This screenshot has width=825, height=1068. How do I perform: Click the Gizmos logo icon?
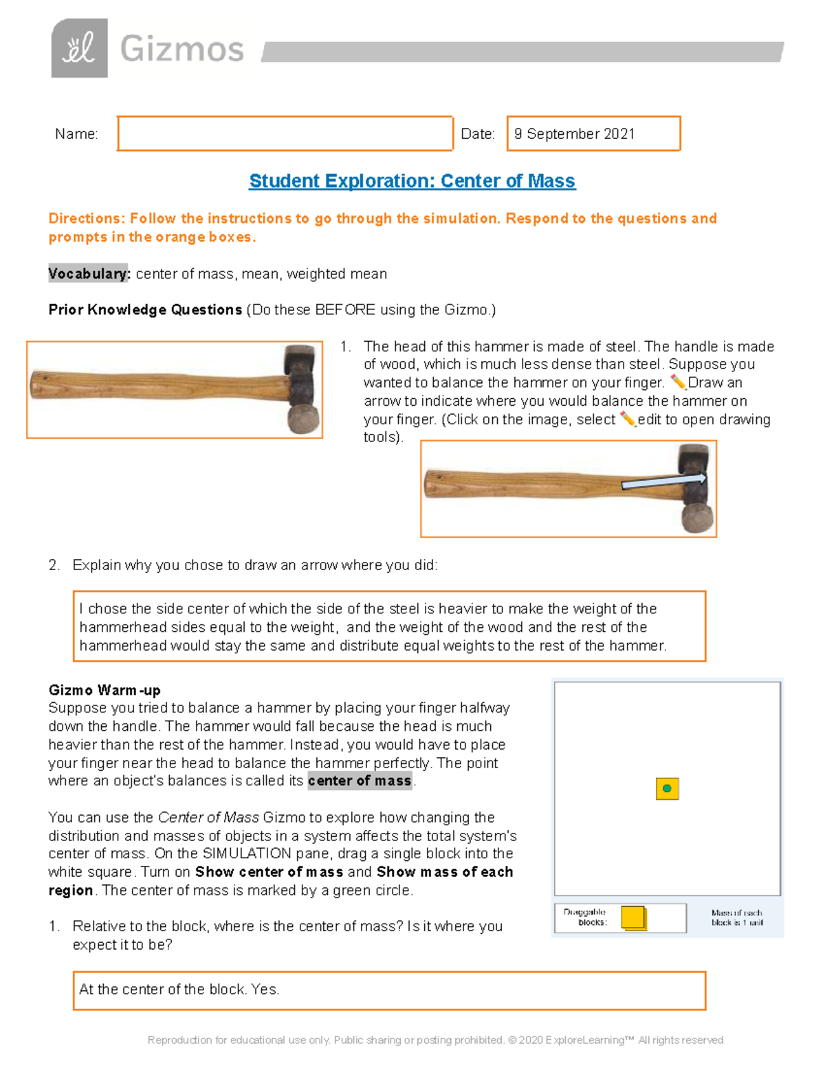tap(79, 48)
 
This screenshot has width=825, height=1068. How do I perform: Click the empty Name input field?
tap(285, 133)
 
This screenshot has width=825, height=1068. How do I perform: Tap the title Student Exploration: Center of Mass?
tap(412, 181)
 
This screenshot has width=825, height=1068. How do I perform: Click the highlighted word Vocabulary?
tap(88, 274)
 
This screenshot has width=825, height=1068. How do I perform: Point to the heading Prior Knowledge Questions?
tap(145, 309)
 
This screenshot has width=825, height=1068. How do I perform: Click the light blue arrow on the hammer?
tap(663, 481)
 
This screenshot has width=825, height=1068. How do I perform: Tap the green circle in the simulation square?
tap(667, 788)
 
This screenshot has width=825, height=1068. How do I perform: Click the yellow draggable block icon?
tap(633, 917)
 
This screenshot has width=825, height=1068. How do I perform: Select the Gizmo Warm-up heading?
tap(104, 690)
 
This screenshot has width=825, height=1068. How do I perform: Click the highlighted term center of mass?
tap(360, 781)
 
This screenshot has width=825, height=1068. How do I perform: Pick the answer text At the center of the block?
tap(179, 989)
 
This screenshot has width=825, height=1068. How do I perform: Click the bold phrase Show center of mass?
tap(269, 872)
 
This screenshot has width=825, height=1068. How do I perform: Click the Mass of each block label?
tap(736, 917)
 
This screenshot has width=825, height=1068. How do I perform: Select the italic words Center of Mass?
tap(208, 817)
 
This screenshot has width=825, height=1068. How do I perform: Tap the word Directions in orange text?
tap(86, 218)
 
